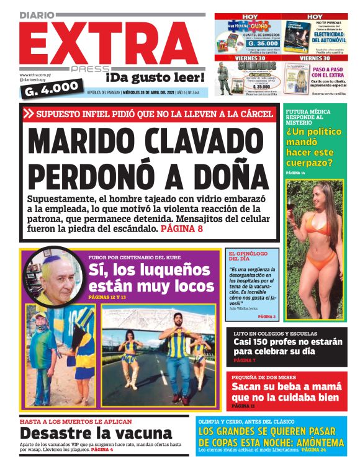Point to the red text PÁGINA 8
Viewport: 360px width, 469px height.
point(182,229)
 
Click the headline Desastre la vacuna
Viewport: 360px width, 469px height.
point(96,433)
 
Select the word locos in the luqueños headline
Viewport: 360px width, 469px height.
point(189,286)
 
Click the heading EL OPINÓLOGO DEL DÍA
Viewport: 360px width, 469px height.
point(248,256)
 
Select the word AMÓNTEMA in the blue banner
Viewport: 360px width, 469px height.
point(315,442)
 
